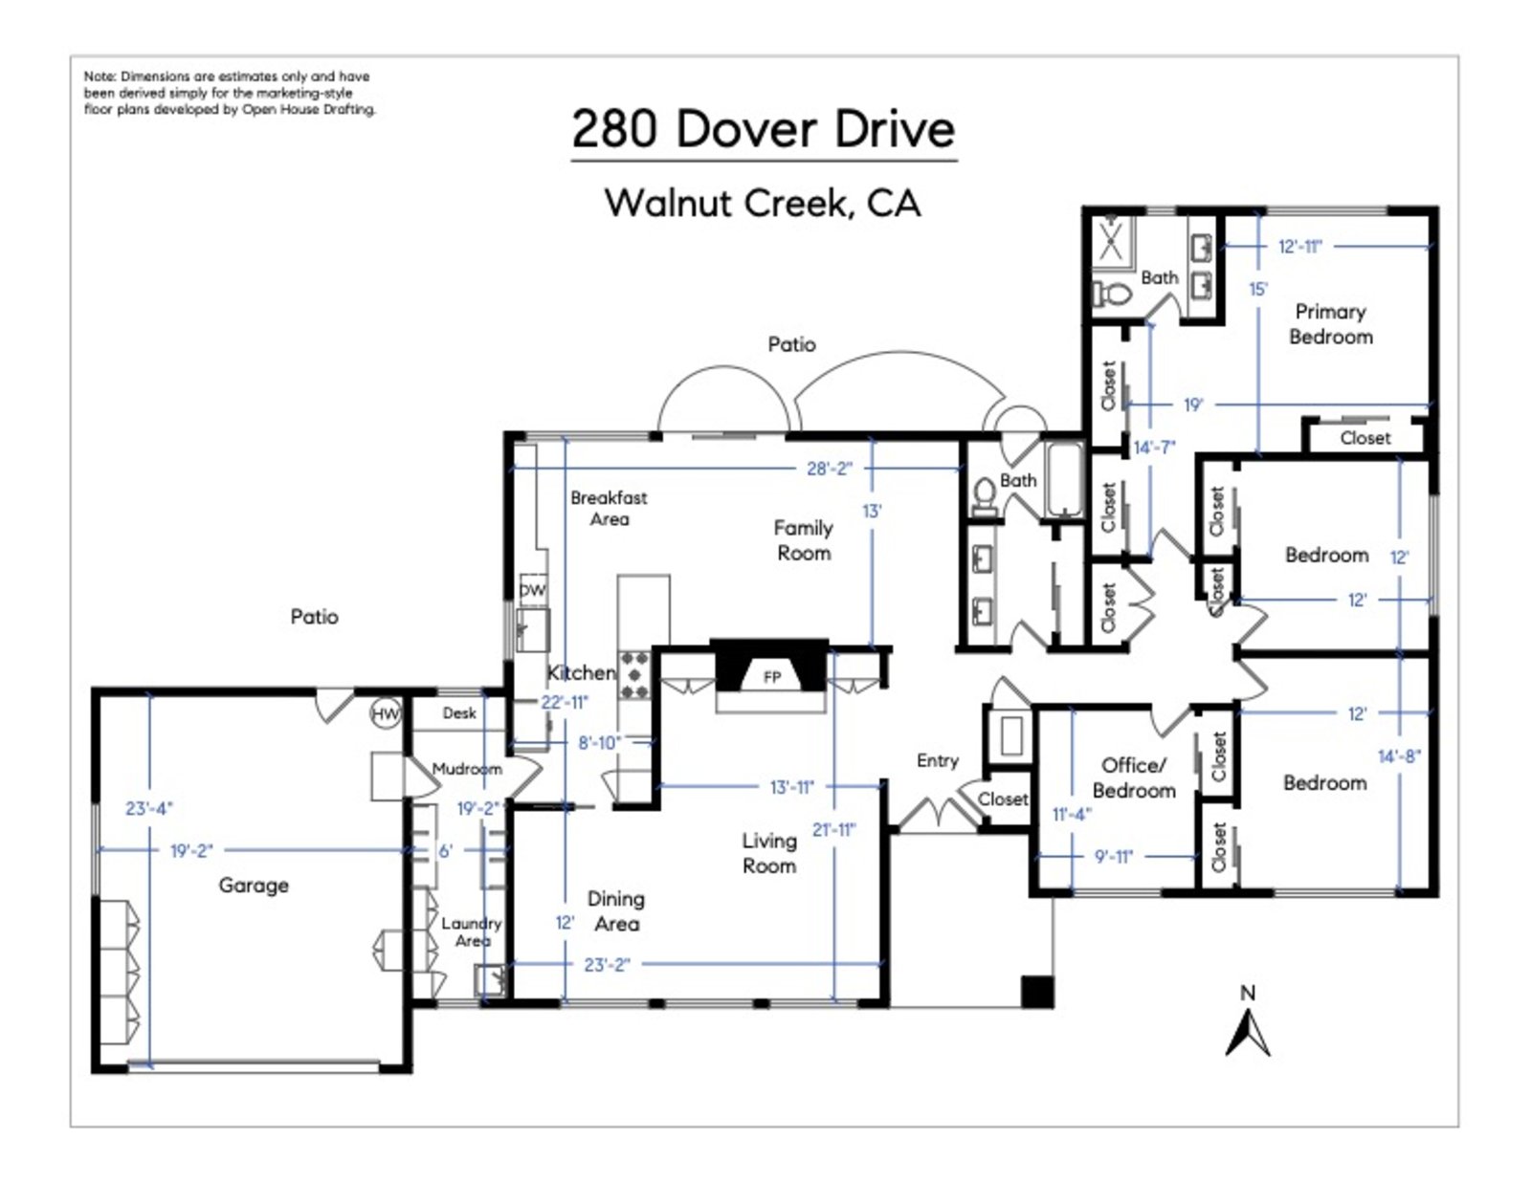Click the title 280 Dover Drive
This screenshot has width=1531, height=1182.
tap(764, 130)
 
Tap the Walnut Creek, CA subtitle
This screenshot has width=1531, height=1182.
tap(763, 203)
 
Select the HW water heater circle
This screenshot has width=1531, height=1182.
tap(386, 713)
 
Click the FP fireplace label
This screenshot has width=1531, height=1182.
tap(772, 677)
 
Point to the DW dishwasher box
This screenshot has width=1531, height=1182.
tap(532, 590)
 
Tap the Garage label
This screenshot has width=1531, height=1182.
tap(254, 886)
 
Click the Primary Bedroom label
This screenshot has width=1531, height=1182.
tap(1330, 324)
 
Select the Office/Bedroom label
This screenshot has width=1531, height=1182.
tap(1134, 777)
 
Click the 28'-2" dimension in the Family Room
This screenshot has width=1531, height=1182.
tap(829, 469)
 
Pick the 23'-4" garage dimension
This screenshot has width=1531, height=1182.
tap(149, 809)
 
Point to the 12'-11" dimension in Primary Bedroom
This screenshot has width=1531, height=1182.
tap(1299, 247)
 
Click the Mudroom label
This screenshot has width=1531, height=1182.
tap(467, 769)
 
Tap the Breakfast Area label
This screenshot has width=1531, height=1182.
tap(609, 509)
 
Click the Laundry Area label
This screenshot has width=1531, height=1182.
tap(471, 931)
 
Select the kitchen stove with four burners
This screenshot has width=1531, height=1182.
tap(633, 675)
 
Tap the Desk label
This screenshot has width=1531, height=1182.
tap(459, 713)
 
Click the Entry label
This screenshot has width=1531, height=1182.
tap(937, 760)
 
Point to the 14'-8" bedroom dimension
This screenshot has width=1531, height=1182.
tap(1399, 756)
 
